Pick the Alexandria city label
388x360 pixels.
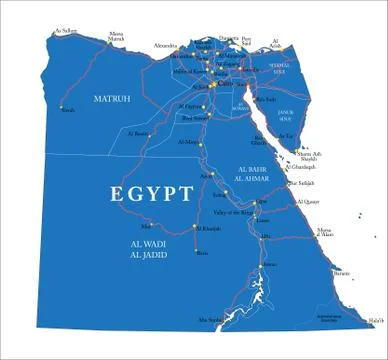pyautogui.click(x=169, y=45)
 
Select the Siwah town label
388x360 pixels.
pyautogui.click(x=69, y=111)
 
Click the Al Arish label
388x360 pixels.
pyautogui.click(x=276, y=44)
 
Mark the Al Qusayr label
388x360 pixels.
pyautogui.click(x=308, y=201)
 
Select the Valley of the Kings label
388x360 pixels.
pyautogui.click(x=232, y=212)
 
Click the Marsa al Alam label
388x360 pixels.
pyautogui.click(x=326, y=234)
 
